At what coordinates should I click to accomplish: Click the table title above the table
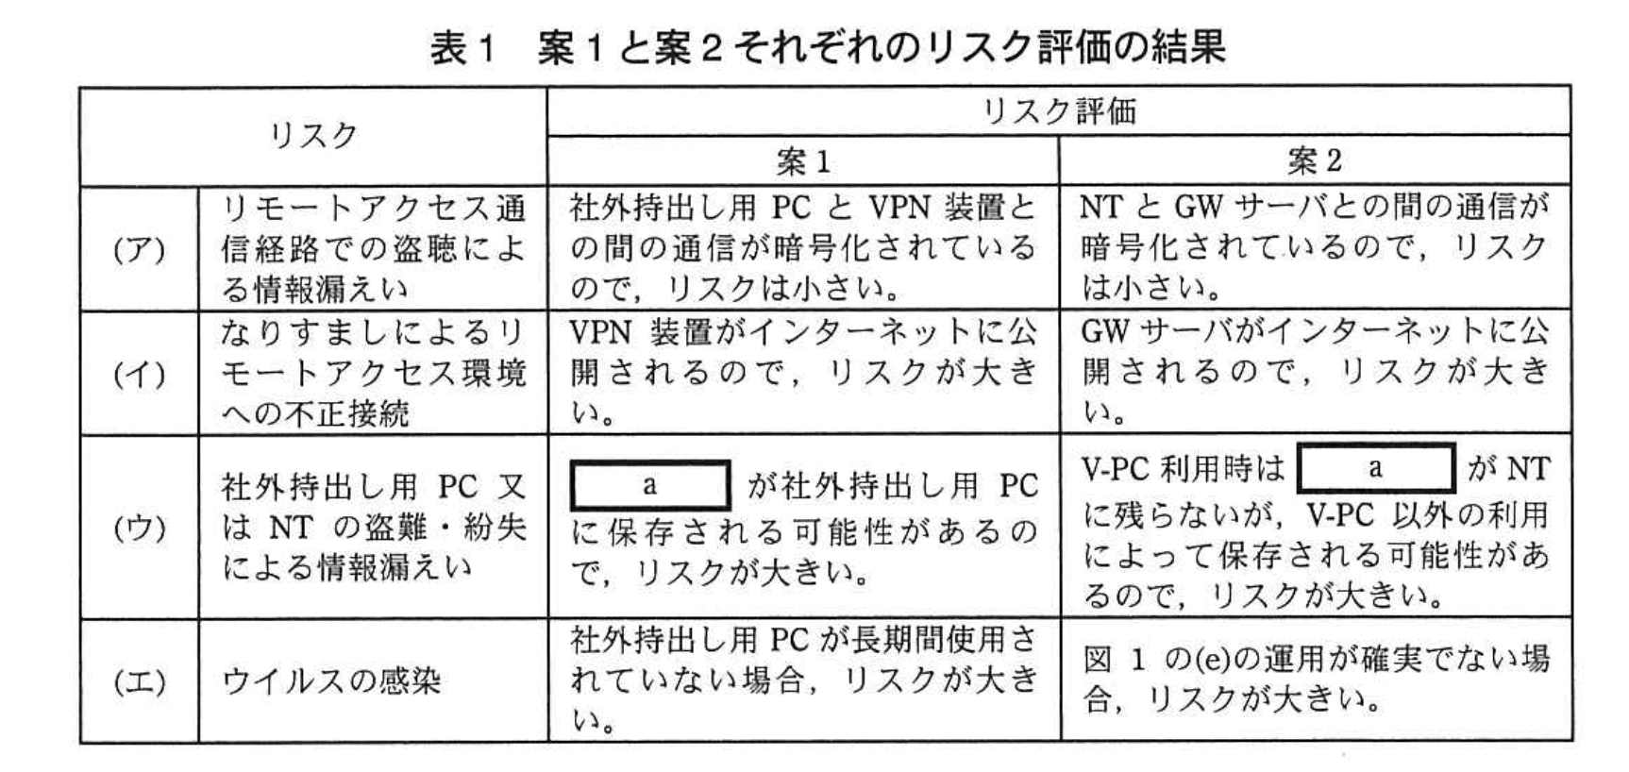tap(827, 48)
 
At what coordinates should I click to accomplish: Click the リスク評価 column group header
tap(1058, 111)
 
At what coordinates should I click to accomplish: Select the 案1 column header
tap(803, 161)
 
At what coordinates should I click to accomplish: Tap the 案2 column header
tap(1315, 161)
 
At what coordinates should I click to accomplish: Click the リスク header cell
tap(313, 136)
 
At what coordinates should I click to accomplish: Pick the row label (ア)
tap(139, 249)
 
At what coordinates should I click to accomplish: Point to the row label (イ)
tap(139, 375)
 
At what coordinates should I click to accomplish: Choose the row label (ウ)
tap(139, 528)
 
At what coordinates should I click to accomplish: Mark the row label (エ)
tap(139, 681)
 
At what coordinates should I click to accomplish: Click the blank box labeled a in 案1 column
tap(650, 486)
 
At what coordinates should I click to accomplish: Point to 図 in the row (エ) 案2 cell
tap(1098, 659)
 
